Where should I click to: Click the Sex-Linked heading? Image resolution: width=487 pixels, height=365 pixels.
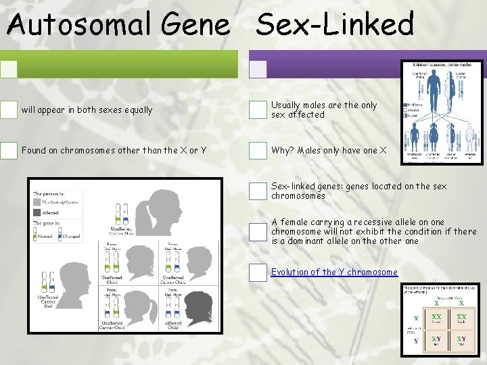click(335, 24)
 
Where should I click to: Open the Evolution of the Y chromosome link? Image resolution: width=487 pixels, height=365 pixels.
click(334, 272)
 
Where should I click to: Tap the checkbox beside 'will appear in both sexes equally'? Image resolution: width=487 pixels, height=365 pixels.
click(9, 109)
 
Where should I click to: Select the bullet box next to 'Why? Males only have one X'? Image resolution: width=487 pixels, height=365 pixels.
click(258, 150)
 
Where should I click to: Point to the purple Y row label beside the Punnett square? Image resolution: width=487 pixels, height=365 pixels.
click(417, 341)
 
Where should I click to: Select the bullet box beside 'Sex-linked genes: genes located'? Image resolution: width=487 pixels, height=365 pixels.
click(258, 191)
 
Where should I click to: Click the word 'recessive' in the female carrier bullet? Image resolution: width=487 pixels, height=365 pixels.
click(358, 222)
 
